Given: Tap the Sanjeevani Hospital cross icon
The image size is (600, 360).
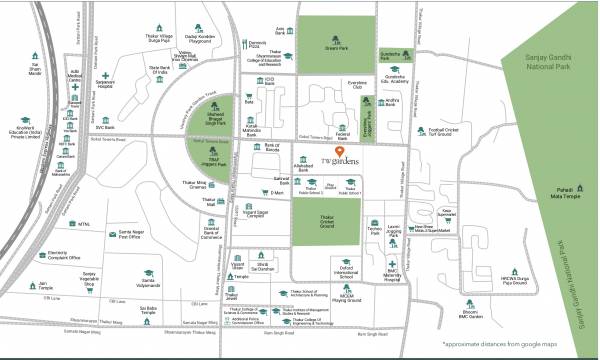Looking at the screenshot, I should pyautogui.click(x=106, y=76).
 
